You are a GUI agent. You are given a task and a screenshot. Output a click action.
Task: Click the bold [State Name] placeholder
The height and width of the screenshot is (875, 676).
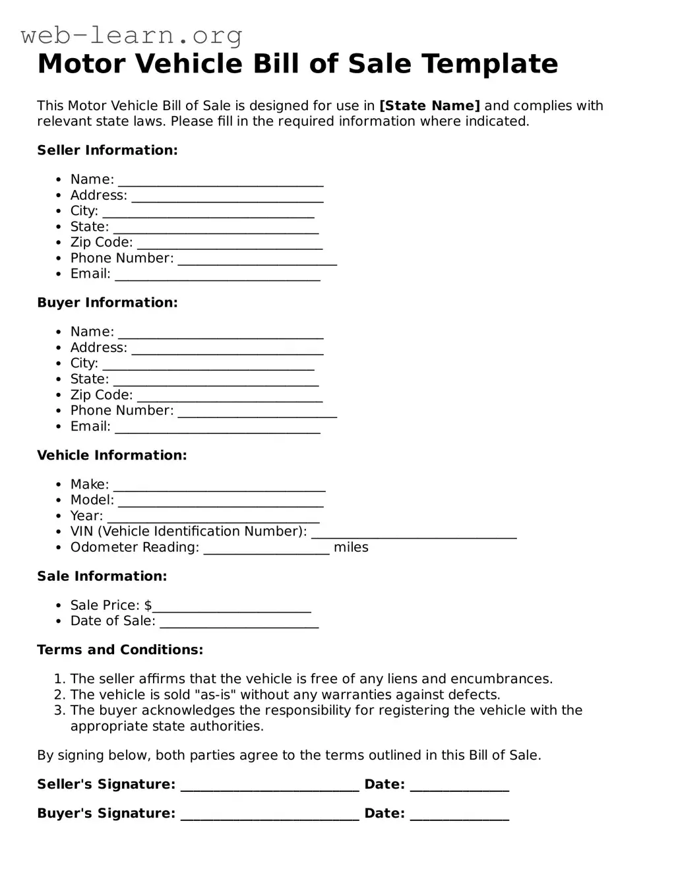click(x=429, y=106)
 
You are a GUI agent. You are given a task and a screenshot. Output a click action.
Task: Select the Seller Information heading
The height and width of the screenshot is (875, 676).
click(x=107, y=150)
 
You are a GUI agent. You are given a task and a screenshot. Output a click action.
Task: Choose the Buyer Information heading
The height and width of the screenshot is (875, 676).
click(x=107, y=303)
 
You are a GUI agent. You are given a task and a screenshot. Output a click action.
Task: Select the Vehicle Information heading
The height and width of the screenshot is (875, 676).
click(x=111, y=455)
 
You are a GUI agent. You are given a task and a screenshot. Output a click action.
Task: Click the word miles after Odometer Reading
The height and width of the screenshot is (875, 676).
click(x=351, y=547)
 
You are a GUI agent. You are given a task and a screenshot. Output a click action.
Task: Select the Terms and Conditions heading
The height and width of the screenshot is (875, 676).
click(x=120, y=649)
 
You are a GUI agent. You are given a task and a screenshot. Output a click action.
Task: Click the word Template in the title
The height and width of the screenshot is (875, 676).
click(x=489, y=64)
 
